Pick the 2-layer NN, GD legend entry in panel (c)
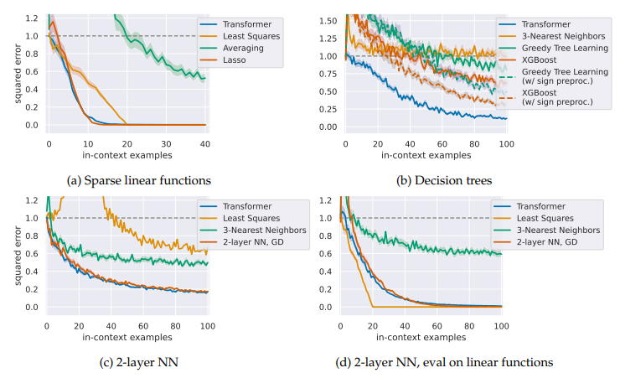[x=251, y=244]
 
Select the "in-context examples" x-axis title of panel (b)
[x=425, y=155]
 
